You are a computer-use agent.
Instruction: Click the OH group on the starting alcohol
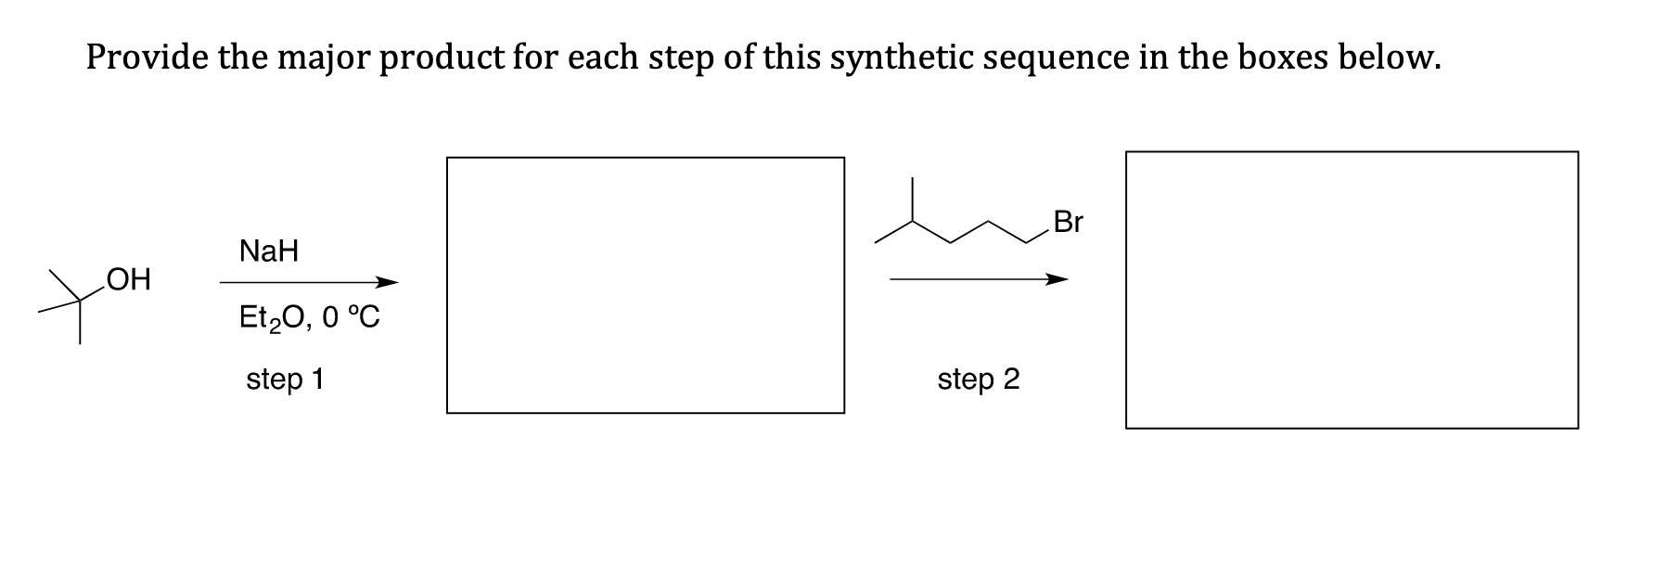(128, 279)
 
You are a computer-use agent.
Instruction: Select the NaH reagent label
(269, 251)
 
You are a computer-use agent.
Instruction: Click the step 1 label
(285, 379)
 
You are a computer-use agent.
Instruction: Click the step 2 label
(978, 379)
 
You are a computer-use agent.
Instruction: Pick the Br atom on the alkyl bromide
(1068, 223)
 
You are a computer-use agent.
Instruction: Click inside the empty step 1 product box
(645, 285)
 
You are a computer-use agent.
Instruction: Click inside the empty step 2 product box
(1351, 289)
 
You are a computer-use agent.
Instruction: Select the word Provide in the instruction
(147, 58)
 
